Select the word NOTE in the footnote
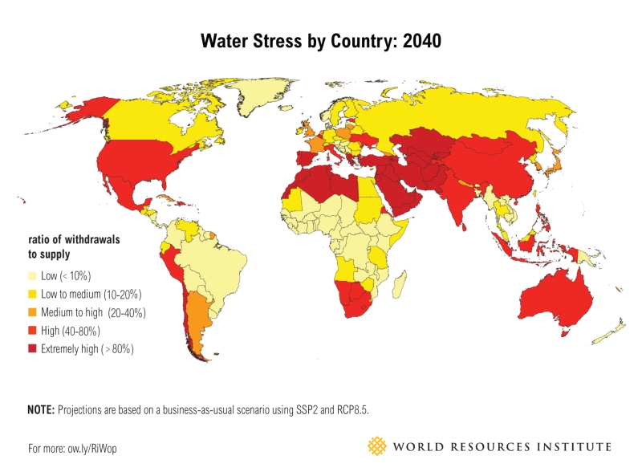coord(40,409)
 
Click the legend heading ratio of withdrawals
coord(65,240)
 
